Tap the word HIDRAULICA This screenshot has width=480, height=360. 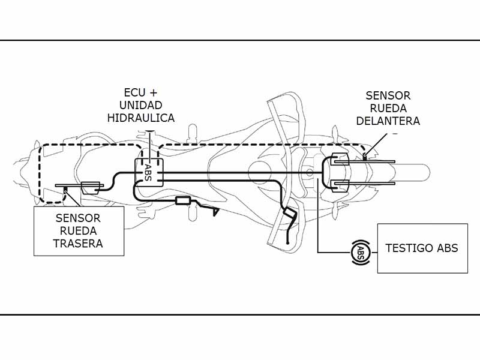141,118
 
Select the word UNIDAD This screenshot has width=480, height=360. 141,105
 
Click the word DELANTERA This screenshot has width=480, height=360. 388,121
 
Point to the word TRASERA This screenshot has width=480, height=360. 78,244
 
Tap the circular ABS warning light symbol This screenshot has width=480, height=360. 361,252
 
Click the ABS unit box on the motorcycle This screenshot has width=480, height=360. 149,173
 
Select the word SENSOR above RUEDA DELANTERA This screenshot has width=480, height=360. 388,95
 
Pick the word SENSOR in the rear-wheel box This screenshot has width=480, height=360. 78,218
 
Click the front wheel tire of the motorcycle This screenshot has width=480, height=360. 410,172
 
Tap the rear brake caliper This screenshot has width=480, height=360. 91,188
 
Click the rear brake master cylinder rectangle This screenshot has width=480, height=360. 183,201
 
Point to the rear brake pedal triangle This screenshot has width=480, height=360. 216,212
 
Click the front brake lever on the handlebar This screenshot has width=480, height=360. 289,227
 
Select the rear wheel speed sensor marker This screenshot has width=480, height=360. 65,190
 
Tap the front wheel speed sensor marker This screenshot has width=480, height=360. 365,158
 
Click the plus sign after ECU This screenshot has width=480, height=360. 153,92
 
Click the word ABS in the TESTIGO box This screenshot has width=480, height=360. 447,248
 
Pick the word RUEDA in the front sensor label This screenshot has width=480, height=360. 388,109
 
